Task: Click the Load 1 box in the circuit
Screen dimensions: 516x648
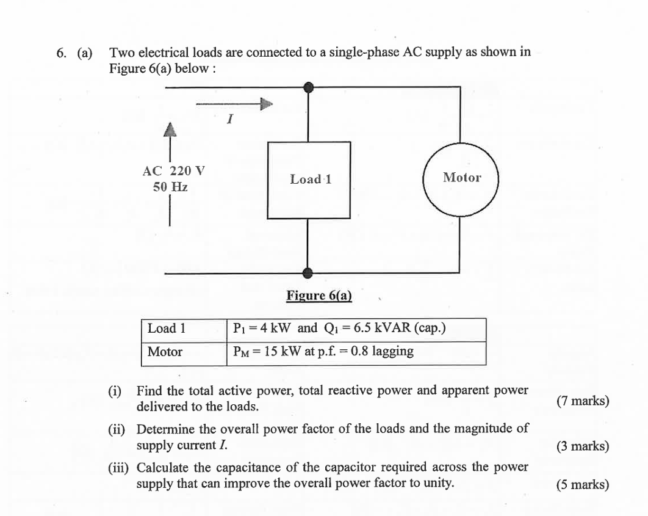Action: coord(309,180)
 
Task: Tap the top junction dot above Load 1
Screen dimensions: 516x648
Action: coord(309,87)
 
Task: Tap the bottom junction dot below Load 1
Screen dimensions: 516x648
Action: coord(309,273)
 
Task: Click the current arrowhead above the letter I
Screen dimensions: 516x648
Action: coord(265,104)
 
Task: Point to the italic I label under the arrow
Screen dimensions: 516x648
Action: coord(229,120)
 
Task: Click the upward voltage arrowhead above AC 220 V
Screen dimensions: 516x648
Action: coord(170,129)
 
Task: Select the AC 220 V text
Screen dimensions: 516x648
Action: coord(173,170)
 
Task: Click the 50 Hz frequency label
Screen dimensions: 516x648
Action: coord(170,187)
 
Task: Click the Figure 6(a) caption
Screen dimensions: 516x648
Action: coord(319,296)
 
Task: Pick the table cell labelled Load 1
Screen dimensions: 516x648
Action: coord(183,329)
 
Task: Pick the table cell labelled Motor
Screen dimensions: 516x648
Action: coord(183,352)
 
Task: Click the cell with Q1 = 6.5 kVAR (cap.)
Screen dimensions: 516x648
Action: coord(356,329)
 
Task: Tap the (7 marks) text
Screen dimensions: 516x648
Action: coord(582,401)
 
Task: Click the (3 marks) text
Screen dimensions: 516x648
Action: coord(582,446)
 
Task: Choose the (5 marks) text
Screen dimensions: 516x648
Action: coord(582,485)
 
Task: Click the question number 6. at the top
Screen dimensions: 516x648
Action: coord(62,53)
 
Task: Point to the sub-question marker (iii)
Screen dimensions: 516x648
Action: coord(117,468)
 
